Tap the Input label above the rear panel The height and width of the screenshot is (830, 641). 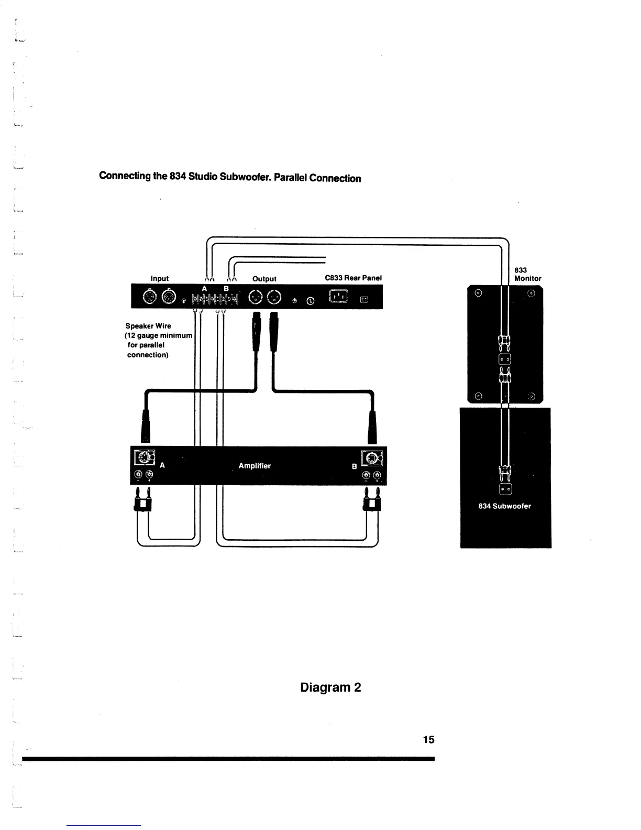point(160,278)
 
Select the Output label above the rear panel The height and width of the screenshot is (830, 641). point(264,278)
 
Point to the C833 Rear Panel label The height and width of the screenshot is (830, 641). point(353,278)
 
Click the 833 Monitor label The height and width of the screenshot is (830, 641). point(527,274)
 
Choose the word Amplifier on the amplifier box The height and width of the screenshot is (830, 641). point(255,465)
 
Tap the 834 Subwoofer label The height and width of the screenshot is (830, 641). point(505,506)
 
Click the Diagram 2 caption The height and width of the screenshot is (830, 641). point(330,687)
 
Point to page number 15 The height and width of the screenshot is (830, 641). point(428,739)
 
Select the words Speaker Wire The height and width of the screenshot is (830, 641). point(148,325)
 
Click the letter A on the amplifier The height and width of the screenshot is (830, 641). point(162,465)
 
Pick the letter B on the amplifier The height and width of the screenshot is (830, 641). point(355,466)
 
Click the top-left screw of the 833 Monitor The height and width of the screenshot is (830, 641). point(478,293)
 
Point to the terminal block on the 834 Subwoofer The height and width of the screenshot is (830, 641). point(505,489)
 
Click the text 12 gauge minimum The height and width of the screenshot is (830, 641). point(159,335)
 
